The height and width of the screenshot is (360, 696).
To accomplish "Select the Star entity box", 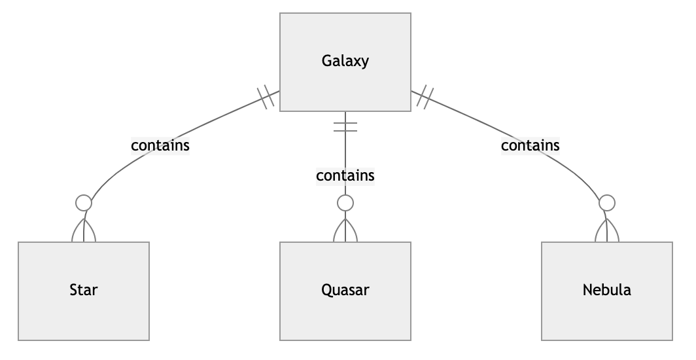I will tap(84, 314).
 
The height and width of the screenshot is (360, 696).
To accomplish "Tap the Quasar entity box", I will tap(345, 314).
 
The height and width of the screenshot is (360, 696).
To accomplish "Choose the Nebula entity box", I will tap(607, 314).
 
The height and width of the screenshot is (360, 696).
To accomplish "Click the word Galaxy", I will tap(345, 62).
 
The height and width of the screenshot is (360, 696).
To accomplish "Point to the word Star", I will tap(84, 290).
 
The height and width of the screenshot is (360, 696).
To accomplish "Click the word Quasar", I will tap(345, 290).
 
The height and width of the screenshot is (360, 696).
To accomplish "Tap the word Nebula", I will tap(607, 290).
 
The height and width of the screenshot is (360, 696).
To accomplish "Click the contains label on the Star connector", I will tap(160, 145).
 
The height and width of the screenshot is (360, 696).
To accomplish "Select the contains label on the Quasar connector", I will tap(345, 175).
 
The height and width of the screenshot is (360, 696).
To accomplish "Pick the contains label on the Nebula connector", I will tap(531, 145).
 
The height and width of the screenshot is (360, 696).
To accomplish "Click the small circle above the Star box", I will tap(84, 203).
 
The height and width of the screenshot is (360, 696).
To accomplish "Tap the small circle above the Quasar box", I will tap(345, 203).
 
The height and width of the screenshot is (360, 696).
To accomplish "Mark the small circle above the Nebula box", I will tap(607, 203).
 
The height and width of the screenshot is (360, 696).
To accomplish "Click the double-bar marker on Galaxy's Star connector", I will tap(266, 98).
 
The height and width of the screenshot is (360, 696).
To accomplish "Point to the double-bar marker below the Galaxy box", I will tap(345, 126).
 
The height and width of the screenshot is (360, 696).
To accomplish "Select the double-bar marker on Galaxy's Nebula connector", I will tap(425, 98).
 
